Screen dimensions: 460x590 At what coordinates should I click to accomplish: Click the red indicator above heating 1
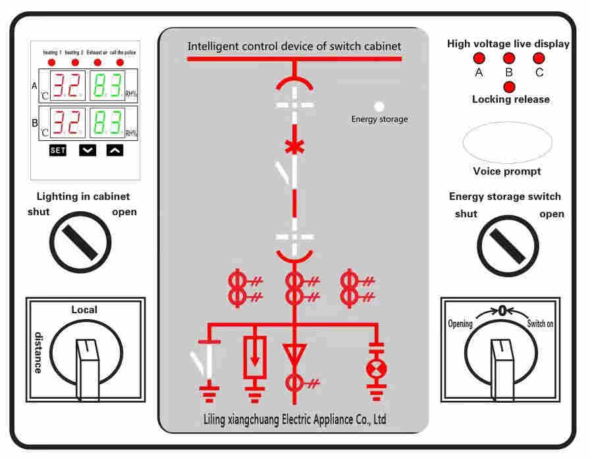click(x=53, y=62)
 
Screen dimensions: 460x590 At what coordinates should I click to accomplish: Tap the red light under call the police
click(x=120, y=62)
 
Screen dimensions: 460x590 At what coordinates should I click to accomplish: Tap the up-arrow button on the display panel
click(x=115, y=150)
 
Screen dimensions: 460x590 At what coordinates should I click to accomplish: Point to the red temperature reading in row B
click(x=68, y=122)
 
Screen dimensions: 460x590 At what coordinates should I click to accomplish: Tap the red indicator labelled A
click(x=479, y=59)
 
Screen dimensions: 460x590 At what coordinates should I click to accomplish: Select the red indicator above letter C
click(x=538, y=59)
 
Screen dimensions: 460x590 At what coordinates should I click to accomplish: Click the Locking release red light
click(x=509, y=86)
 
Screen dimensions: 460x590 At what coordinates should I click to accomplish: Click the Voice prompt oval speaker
click(x=508, y=141)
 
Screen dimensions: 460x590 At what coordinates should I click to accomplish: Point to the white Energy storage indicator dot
click(x=379, y=106)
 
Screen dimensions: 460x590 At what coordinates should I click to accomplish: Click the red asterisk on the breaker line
click(x=294, y=147)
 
